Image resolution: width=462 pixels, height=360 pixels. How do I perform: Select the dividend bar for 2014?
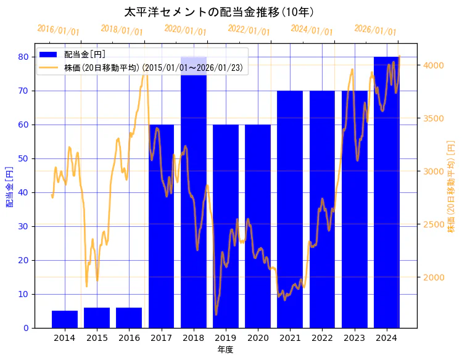pos(65,319)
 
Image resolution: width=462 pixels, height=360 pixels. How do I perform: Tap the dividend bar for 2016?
pos(129,317)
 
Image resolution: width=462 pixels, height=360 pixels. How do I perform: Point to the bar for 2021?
pos(290,210)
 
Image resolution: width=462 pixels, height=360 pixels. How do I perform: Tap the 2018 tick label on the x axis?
pos(193,338)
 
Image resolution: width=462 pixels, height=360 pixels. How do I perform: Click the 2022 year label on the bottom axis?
pos(322,338)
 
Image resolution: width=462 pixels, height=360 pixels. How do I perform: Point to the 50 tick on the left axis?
pos(23,158)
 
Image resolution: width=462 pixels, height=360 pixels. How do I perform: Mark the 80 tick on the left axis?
pos(23,57)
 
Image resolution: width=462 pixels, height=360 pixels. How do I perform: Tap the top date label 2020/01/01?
pos(186,30)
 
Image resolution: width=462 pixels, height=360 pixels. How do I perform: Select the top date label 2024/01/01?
pos(312,30)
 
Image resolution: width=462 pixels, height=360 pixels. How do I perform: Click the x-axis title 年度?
pos(225,350)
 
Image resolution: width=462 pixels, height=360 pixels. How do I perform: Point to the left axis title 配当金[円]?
pos(9,186)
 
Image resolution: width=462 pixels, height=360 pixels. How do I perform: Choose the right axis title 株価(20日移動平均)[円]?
pos(451,186)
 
